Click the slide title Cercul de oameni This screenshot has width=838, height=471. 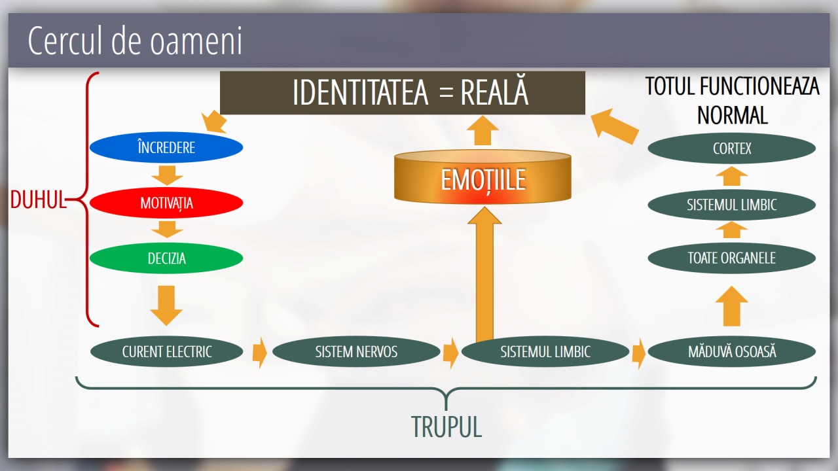(135, 41)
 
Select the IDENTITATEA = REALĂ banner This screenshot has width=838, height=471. (402, 93)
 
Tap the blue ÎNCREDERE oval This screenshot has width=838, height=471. (166, 148)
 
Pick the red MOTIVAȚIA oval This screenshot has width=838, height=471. (166, 203)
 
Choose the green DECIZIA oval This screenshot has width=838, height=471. (166, 258)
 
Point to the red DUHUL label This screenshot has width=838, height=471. (38, 200)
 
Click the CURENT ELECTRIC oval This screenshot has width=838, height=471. (167, 352)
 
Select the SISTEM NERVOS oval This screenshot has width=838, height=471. (356, 352)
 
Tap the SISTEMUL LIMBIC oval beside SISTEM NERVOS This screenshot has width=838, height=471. (545, 352)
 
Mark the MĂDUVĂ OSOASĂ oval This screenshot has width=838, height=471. (732, 352)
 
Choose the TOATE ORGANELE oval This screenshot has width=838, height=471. (731, 258)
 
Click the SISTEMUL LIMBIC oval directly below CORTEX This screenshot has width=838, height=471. (731, 205)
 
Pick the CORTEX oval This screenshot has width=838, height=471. (731, 149)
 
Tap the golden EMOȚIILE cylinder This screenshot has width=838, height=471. (483, 178)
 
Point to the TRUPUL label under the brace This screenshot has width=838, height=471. (446, 427)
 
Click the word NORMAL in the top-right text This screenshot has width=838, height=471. (732, 115)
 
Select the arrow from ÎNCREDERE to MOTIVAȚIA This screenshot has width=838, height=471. (166, 175)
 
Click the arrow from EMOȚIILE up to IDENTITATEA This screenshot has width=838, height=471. (484, 131)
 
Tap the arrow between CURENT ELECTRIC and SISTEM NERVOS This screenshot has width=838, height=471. (259, 353)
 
